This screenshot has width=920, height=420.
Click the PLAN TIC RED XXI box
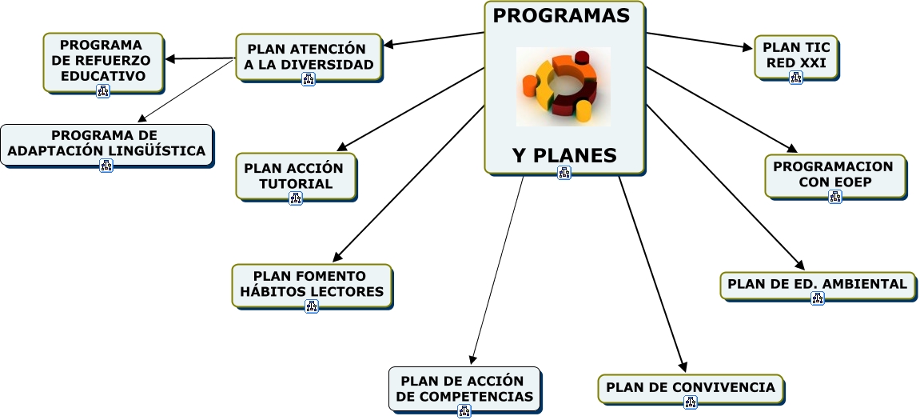(x=795, y=54)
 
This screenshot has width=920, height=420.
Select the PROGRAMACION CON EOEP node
(x=834, y=174)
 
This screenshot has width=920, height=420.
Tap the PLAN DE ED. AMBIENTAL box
(x=817, y=284)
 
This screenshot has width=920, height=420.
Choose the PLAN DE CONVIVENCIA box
(x=691, y=388)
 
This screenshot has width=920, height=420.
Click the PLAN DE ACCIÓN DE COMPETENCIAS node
(x=464, y=389)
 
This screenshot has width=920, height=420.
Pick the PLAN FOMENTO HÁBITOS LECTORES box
(x=312, y=285)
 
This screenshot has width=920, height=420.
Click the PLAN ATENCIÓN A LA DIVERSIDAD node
(x=309, y=56)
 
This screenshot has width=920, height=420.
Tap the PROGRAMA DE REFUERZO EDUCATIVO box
(x=103, y=60)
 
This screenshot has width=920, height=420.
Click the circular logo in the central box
(x=563, y=86)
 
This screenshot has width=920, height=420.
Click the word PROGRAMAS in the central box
(x=561, y=16)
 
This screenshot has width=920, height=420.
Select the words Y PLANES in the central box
(x=564, y=155)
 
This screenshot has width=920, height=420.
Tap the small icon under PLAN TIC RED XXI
(x=795, y=78)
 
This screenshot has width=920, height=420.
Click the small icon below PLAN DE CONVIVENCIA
(x=691, y=403)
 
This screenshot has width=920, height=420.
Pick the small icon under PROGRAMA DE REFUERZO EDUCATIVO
(x=103, y=90)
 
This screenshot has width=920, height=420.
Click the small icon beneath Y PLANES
(x=564, y=173)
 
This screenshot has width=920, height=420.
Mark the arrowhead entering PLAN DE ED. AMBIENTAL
(x=799, y=266)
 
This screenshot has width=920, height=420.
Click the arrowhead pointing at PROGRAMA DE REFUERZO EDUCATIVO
(x=169, y=58)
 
